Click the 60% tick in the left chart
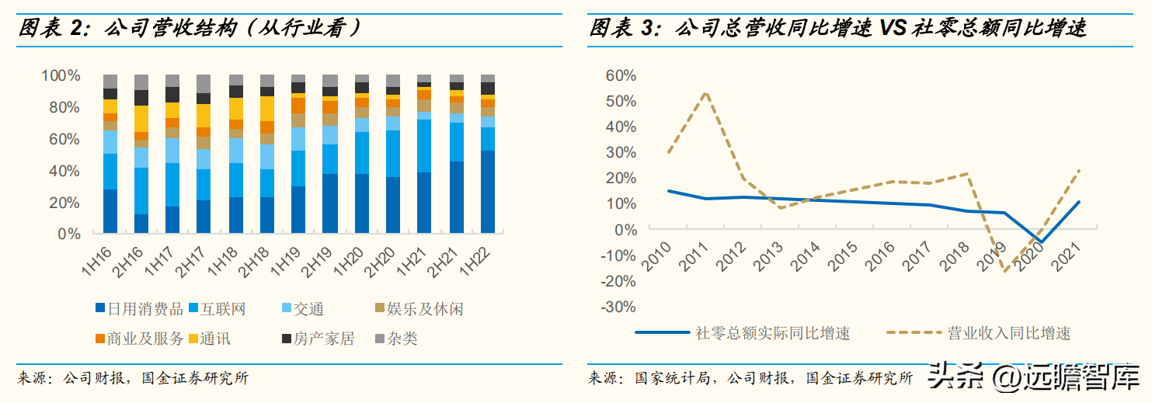point(64,140)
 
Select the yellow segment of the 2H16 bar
point(141,119)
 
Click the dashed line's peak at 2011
point(705,92)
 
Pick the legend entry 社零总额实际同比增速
point(772,333)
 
